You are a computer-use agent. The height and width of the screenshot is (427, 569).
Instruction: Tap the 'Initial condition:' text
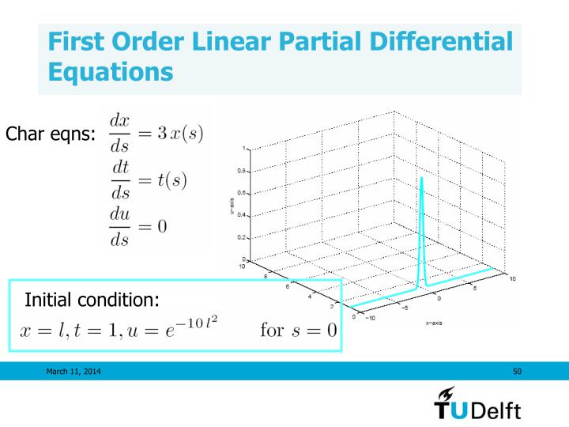(92, 300)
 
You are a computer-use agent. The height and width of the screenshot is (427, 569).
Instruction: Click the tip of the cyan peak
(421, 178)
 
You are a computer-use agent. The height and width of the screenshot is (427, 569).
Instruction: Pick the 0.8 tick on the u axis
(242, 170)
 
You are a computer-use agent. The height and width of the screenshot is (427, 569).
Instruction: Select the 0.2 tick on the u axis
(242, 236)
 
